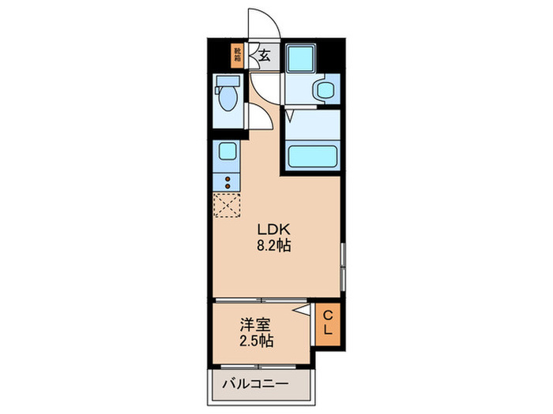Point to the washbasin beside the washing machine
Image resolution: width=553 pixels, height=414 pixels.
click(x=325, y=90)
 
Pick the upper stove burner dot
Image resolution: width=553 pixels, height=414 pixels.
click(x=228, y=180)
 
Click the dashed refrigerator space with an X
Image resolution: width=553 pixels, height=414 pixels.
click(x=226, y=206)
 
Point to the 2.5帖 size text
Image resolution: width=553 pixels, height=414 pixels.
click(x=257, y=341)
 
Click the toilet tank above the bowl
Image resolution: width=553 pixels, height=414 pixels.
click(x=226, y=81)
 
